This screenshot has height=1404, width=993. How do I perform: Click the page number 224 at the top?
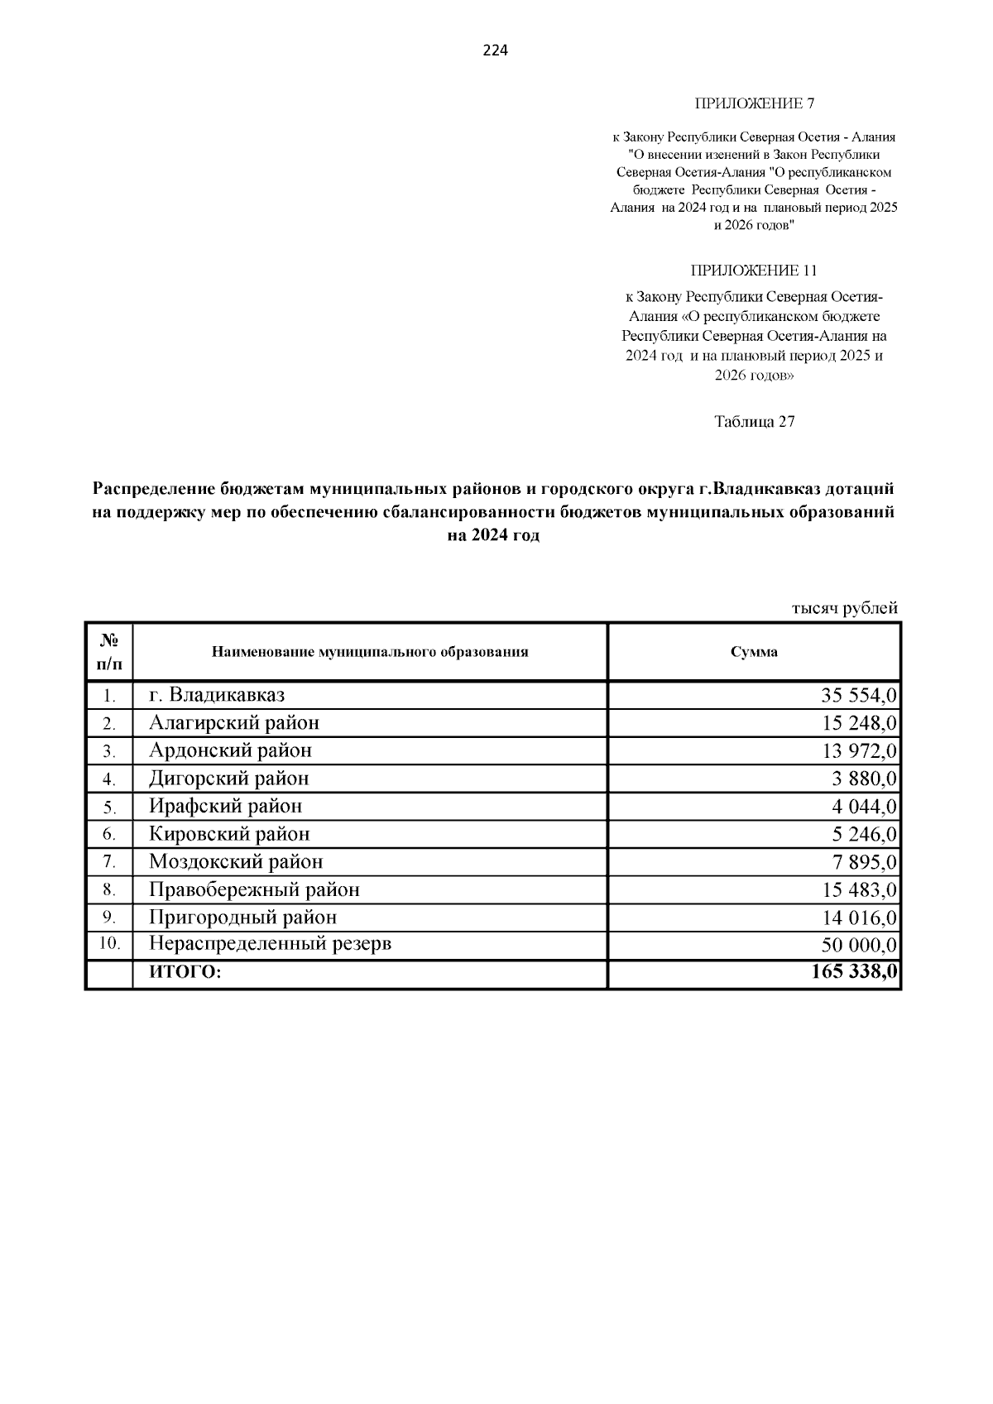(495, 50)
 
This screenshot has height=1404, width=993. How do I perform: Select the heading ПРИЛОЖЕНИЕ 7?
(754, 103)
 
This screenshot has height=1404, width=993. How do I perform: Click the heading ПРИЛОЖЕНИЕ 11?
(754, 271)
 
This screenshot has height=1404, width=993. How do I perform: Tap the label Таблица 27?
(754, 421)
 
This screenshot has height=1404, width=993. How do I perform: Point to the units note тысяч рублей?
(844, 608)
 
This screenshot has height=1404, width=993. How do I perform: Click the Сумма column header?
(753, 652)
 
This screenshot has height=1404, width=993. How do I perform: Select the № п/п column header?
(109, 652)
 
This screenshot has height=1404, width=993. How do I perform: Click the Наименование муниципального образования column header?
(370, 652)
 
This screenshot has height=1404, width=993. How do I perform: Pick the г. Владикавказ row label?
(217, 695)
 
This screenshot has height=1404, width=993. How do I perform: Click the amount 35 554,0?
(858, 695)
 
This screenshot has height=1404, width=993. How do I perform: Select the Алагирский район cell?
(233, 723)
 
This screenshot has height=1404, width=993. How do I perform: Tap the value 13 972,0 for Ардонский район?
(858, 751)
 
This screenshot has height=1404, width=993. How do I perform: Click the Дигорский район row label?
(228, 779)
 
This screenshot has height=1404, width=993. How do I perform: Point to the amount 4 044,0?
(864, 807)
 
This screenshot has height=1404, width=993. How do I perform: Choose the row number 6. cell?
(109, 834)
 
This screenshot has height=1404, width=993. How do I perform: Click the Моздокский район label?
(236, 862)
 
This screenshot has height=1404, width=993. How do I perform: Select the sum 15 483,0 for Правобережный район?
(858, 890)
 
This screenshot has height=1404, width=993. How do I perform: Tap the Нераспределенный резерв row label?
(270, 943)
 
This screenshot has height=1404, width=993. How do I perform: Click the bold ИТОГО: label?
(185, 973)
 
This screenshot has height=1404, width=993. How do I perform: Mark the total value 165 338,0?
(853, 972)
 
